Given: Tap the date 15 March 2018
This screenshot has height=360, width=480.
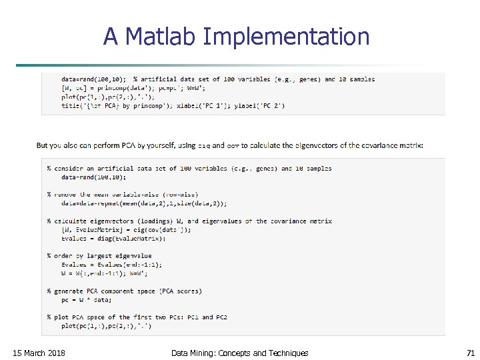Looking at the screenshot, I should [x=39, y=353].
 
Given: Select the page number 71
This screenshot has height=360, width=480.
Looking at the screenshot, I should [x=471, y=353].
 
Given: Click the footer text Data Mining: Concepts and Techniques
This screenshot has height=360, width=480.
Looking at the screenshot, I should [x=239, y=353].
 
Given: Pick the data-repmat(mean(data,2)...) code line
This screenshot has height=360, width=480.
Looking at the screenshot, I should [x=143, y=203].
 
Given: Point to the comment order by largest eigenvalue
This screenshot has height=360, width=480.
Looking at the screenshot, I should [x=99, y=255].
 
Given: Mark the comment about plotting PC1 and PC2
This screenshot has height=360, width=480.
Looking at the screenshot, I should [x=137, y=317].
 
